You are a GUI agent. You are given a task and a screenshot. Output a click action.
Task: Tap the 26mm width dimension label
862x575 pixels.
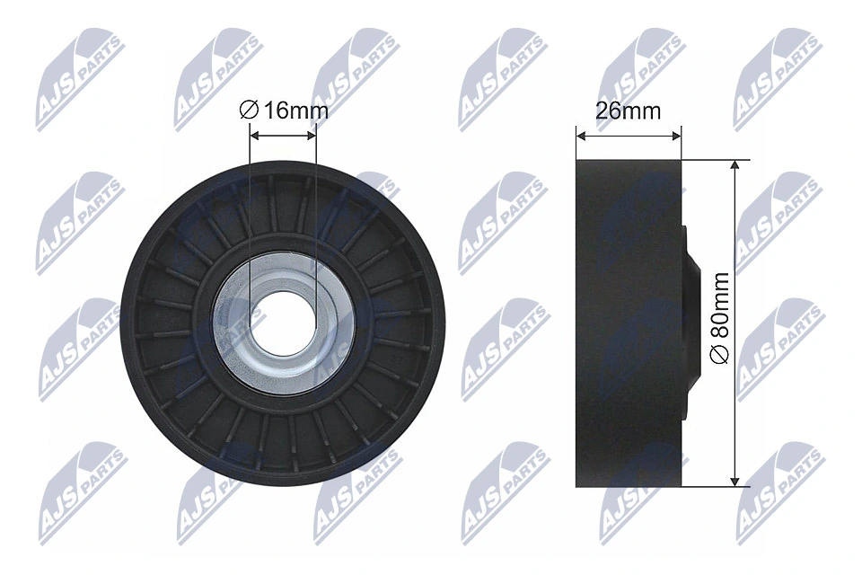(x=629, y=111)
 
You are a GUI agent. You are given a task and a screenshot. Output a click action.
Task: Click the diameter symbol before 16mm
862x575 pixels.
(x=250, y=111)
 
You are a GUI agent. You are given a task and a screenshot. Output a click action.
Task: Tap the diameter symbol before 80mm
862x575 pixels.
(x=719, y=356)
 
